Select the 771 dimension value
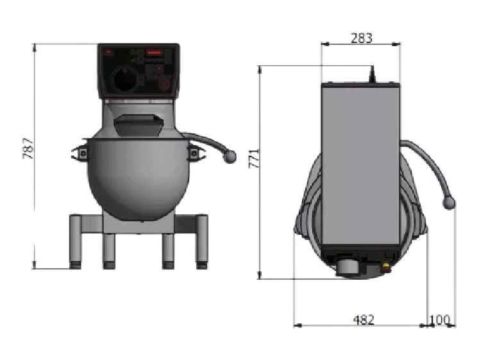[x=253, y=159]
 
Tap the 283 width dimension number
[x=361, y=38]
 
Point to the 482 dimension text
[x=364, y=319]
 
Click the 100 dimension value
[x=439, y=319]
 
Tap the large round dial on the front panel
[x=123, y=80]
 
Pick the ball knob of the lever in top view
[x=450, y=203]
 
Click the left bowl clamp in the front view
[x=80, y=153]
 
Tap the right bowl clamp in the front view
[x=194, y=153]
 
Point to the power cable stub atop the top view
[x=371, y=74]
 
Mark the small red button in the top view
[x=387, y=264]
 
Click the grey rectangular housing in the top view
[x=360, y=167]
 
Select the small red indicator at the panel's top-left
[x=109, y=51]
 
